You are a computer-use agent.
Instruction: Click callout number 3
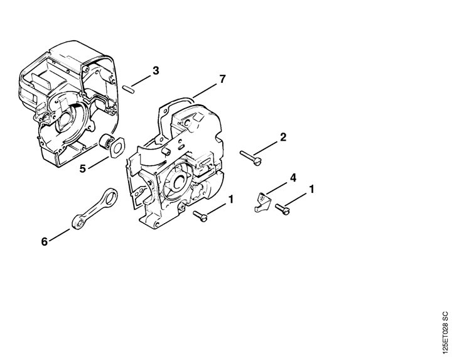156,70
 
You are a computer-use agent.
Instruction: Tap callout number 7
222,79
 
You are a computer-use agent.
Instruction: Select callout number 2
283,137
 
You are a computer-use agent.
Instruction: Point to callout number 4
293,178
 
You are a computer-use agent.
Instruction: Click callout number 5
83,168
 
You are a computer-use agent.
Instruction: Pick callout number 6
44,241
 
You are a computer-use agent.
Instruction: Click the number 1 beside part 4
311,190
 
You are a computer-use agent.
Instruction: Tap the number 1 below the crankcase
231,199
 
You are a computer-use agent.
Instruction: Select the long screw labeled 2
250,158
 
